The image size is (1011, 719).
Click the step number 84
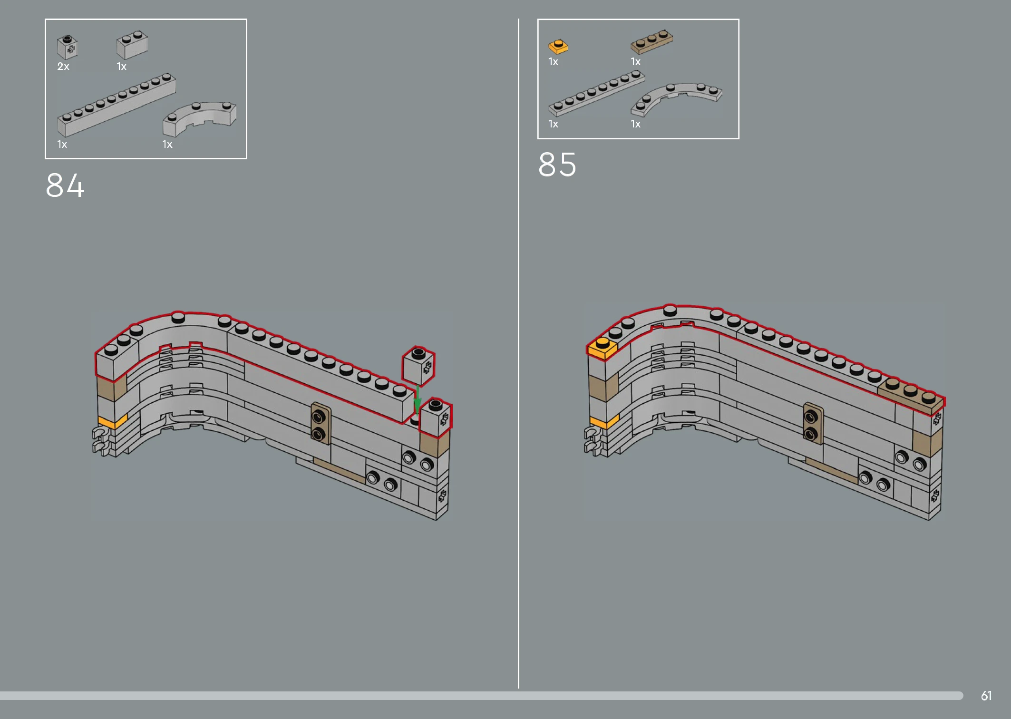click(x=65, y=185)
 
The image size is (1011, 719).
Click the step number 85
click(x=557, y=165)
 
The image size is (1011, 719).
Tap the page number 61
click(x=986, y=696)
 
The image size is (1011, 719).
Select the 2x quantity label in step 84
click(x=63, y=67)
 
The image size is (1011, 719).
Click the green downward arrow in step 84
click(x=417, y=400)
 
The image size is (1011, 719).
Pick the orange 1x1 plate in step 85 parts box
click(x=558, y=47)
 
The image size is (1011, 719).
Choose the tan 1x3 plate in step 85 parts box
click(x=651, y=42)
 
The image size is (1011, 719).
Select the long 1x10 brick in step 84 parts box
click(x=117, y=105)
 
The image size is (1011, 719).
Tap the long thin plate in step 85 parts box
click(x=597, y=93)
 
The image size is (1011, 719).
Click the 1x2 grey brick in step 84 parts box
click(x=132, y=45)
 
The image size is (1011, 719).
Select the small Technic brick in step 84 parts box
click(x=68, y=47)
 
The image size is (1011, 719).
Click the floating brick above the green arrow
click(x=418, y=365)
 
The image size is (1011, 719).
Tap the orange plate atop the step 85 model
click(x=603, y=348)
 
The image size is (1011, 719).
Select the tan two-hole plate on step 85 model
click(x=813, y=423)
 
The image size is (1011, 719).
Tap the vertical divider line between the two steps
click(x=518, y=353)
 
